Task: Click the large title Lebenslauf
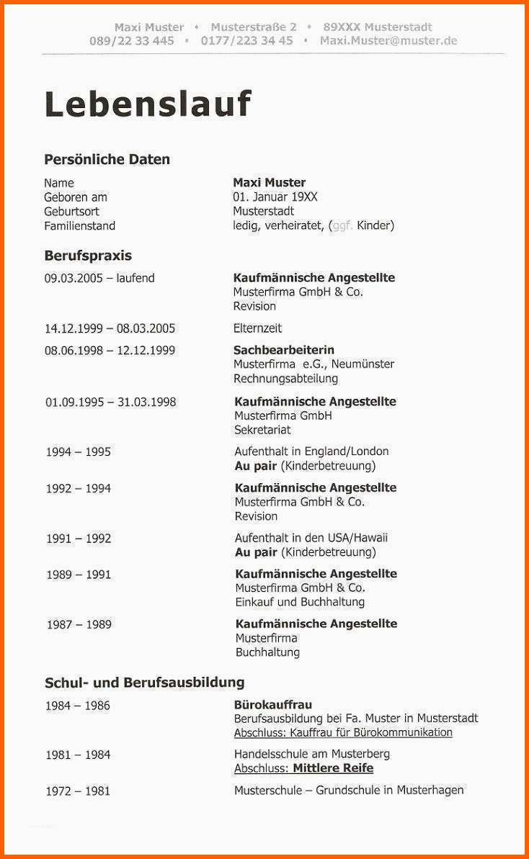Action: pos(148,104)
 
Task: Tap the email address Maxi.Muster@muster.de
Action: pos(388,40)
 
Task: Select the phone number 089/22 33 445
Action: pos(132,40)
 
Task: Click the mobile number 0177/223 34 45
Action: pos(246,40)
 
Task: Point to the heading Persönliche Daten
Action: pos(107,159)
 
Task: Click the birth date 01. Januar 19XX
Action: pos(275,197)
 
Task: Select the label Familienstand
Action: pos(79,225)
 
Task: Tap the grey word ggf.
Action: pos(342,225)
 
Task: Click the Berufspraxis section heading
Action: pos(88,256)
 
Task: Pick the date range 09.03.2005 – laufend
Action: pos(99,278)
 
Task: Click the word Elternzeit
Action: pos(257,328)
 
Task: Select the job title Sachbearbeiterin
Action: pos(284,350)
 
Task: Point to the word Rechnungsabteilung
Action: pos(285,378)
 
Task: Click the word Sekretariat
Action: pos(262,430)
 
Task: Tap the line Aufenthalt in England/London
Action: pos(311,451)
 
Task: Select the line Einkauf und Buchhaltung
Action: pos(300,601)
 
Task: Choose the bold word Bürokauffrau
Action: pos(273,704)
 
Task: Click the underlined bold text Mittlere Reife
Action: pos(342,768)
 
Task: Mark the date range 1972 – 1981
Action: pos(78,791)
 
